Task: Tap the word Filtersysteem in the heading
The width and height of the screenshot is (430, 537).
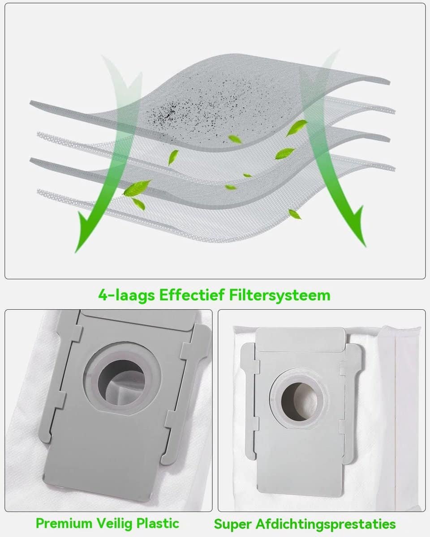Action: click(x=280, y=296)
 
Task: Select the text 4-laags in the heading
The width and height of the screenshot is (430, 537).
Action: click(x=126, y=296)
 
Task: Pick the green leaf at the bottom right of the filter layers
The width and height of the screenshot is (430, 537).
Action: click(x=295, y=214)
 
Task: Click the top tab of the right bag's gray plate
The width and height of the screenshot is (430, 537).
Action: click(x=301, y=340)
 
